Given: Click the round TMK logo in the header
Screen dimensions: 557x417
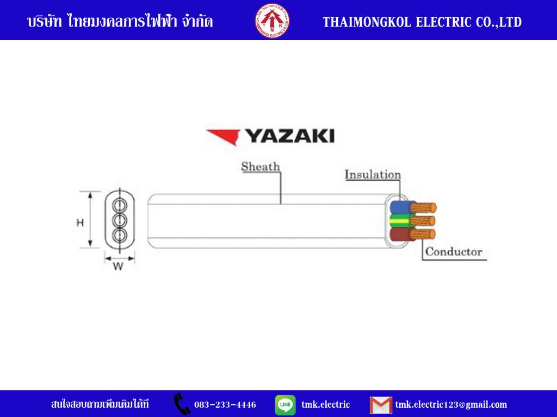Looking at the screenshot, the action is click(272, 21).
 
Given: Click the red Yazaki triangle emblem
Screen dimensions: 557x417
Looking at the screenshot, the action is click(224, 137).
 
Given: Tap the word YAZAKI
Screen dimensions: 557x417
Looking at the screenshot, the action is click(290, 136).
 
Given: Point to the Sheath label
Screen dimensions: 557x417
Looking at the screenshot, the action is click(261, 166).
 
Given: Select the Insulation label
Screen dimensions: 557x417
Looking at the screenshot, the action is click(373, 174).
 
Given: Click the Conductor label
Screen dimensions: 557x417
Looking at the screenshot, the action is click(454, 252).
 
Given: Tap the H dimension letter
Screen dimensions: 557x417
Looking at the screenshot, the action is click(81, 223).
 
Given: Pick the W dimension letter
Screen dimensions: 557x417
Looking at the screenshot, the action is click(118, 266).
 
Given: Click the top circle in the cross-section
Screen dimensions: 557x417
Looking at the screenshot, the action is click(120, 205).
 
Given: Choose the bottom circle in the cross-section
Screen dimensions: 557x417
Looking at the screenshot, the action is click(120, 235).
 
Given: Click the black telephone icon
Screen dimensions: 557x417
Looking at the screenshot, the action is click(182, 403).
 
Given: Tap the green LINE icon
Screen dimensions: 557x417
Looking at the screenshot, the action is click(285, 405).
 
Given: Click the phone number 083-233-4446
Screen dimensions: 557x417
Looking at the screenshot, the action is click(225, 405).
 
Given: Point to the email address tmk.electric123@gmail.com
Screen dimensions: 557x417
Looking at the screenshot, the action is click(451, 405).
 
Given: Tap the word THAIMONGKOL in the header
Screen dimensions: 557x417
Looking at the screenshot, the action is click(367, 22).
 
